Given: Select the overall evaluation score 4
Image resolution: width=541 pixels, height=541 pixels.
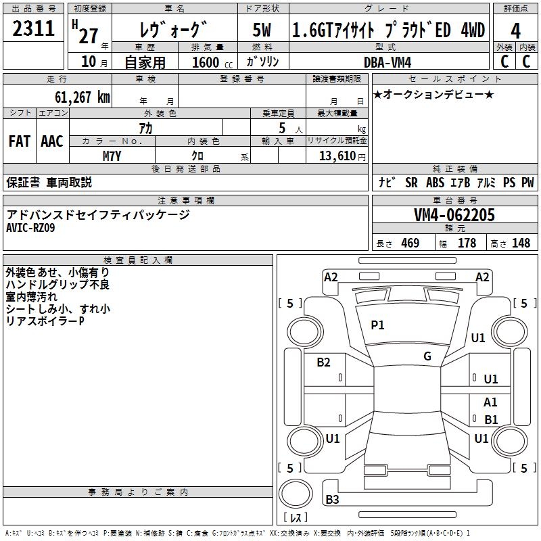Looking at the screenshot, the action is point(515,30).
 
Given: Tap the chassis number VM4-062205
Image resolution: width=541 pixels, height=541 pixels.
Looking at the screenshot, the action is point(454,215).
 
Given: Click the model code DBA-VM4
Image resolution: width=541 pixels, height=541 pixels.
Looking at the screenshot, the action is point(392,62).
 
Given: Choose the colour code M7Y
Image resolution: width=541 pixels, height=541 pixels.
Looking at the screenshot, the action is point(112,156).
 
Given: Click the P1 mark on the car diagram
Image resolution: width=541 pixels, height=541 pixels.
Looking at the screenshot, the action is point(377,325).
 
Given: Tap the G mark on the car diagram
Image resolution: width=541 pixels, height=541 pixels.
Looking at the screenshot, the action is point(427,356).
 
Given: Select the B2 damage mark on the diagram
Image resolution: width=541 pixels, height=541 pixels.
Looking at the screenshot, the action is point(324,362).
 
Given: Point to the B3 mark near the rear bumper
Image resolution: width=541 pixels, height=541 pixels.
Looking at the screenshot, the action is point(332,500).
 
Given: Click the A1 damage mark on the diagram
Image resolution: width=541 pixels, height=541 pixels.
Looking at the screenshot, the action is point(491,402).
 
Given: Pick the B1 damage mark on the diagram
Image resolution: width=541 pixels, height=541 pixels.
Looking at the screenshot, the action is point(491,419).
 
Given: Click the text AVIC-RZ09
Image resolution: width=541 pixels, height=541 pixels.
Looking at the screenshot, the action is point(31,228).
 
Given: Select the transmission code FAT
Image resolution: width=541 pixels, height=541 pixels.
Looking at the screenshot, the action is point(19,141).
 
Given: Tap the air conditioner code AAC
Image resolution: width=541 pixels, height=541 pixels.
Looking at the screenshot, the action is point(51,141).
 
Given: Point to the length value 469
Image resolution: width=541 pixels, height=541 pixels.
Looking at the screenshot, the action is point(410,243).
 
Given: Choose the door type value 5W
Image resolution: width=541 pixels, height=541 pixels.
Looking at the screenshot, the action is point(262,30).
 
